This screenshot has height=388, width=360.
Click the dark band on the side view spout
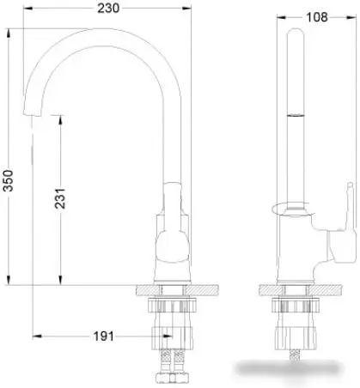coord(295,112)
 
